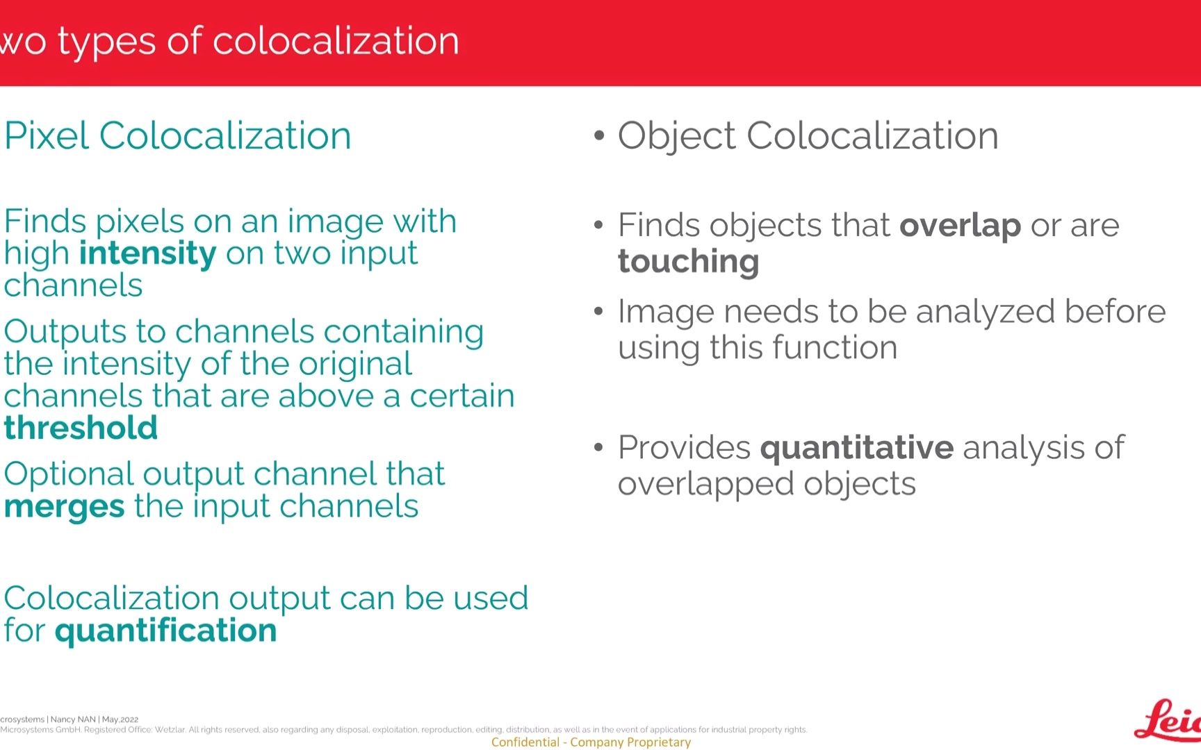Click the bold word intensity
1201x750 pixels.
pyautogui.click(x=147, y=253)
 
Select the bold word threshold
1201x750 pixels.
pyautogui.click(x=81, y=427)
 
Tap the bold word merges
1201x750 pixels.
pyautogui.click(x=64, y=507)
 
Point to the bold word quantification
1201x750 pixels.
pyautogui.click(x=165, y=631)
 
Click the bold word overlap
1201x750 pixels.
pyautogui.click(x=960, y=226)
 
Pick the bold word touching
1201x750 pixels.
pyautogui.click(x=688, y=262)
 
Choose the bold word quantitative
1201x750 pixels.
pyautogui.click(x=856, y=447)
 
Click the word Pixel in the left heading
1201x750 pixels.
pyautogui.click(x=47, y=135)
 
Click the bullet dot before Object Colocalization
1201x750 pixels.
pyautogui.click(x=599, y=136)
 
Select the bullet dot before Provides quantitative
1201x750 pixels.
pyautogui.click(x=599, y=448)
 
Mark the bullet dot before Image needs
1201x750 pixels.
pyautogui.click(x=599, y=312)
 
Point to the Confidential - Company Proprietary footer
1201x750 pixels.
pyautogui.click(x=591, y=742)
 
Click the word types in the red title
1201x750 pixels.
pyautogui.click(x=106, y=42)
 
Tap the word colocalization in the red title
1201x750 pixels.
pyautogui.click(x=336, y=40)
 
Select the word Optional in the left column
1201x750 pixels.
pyautogui.click(x=69, y=476)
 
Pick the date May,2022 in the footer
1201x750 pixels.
pyautogui.click(x=120, y=719)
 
